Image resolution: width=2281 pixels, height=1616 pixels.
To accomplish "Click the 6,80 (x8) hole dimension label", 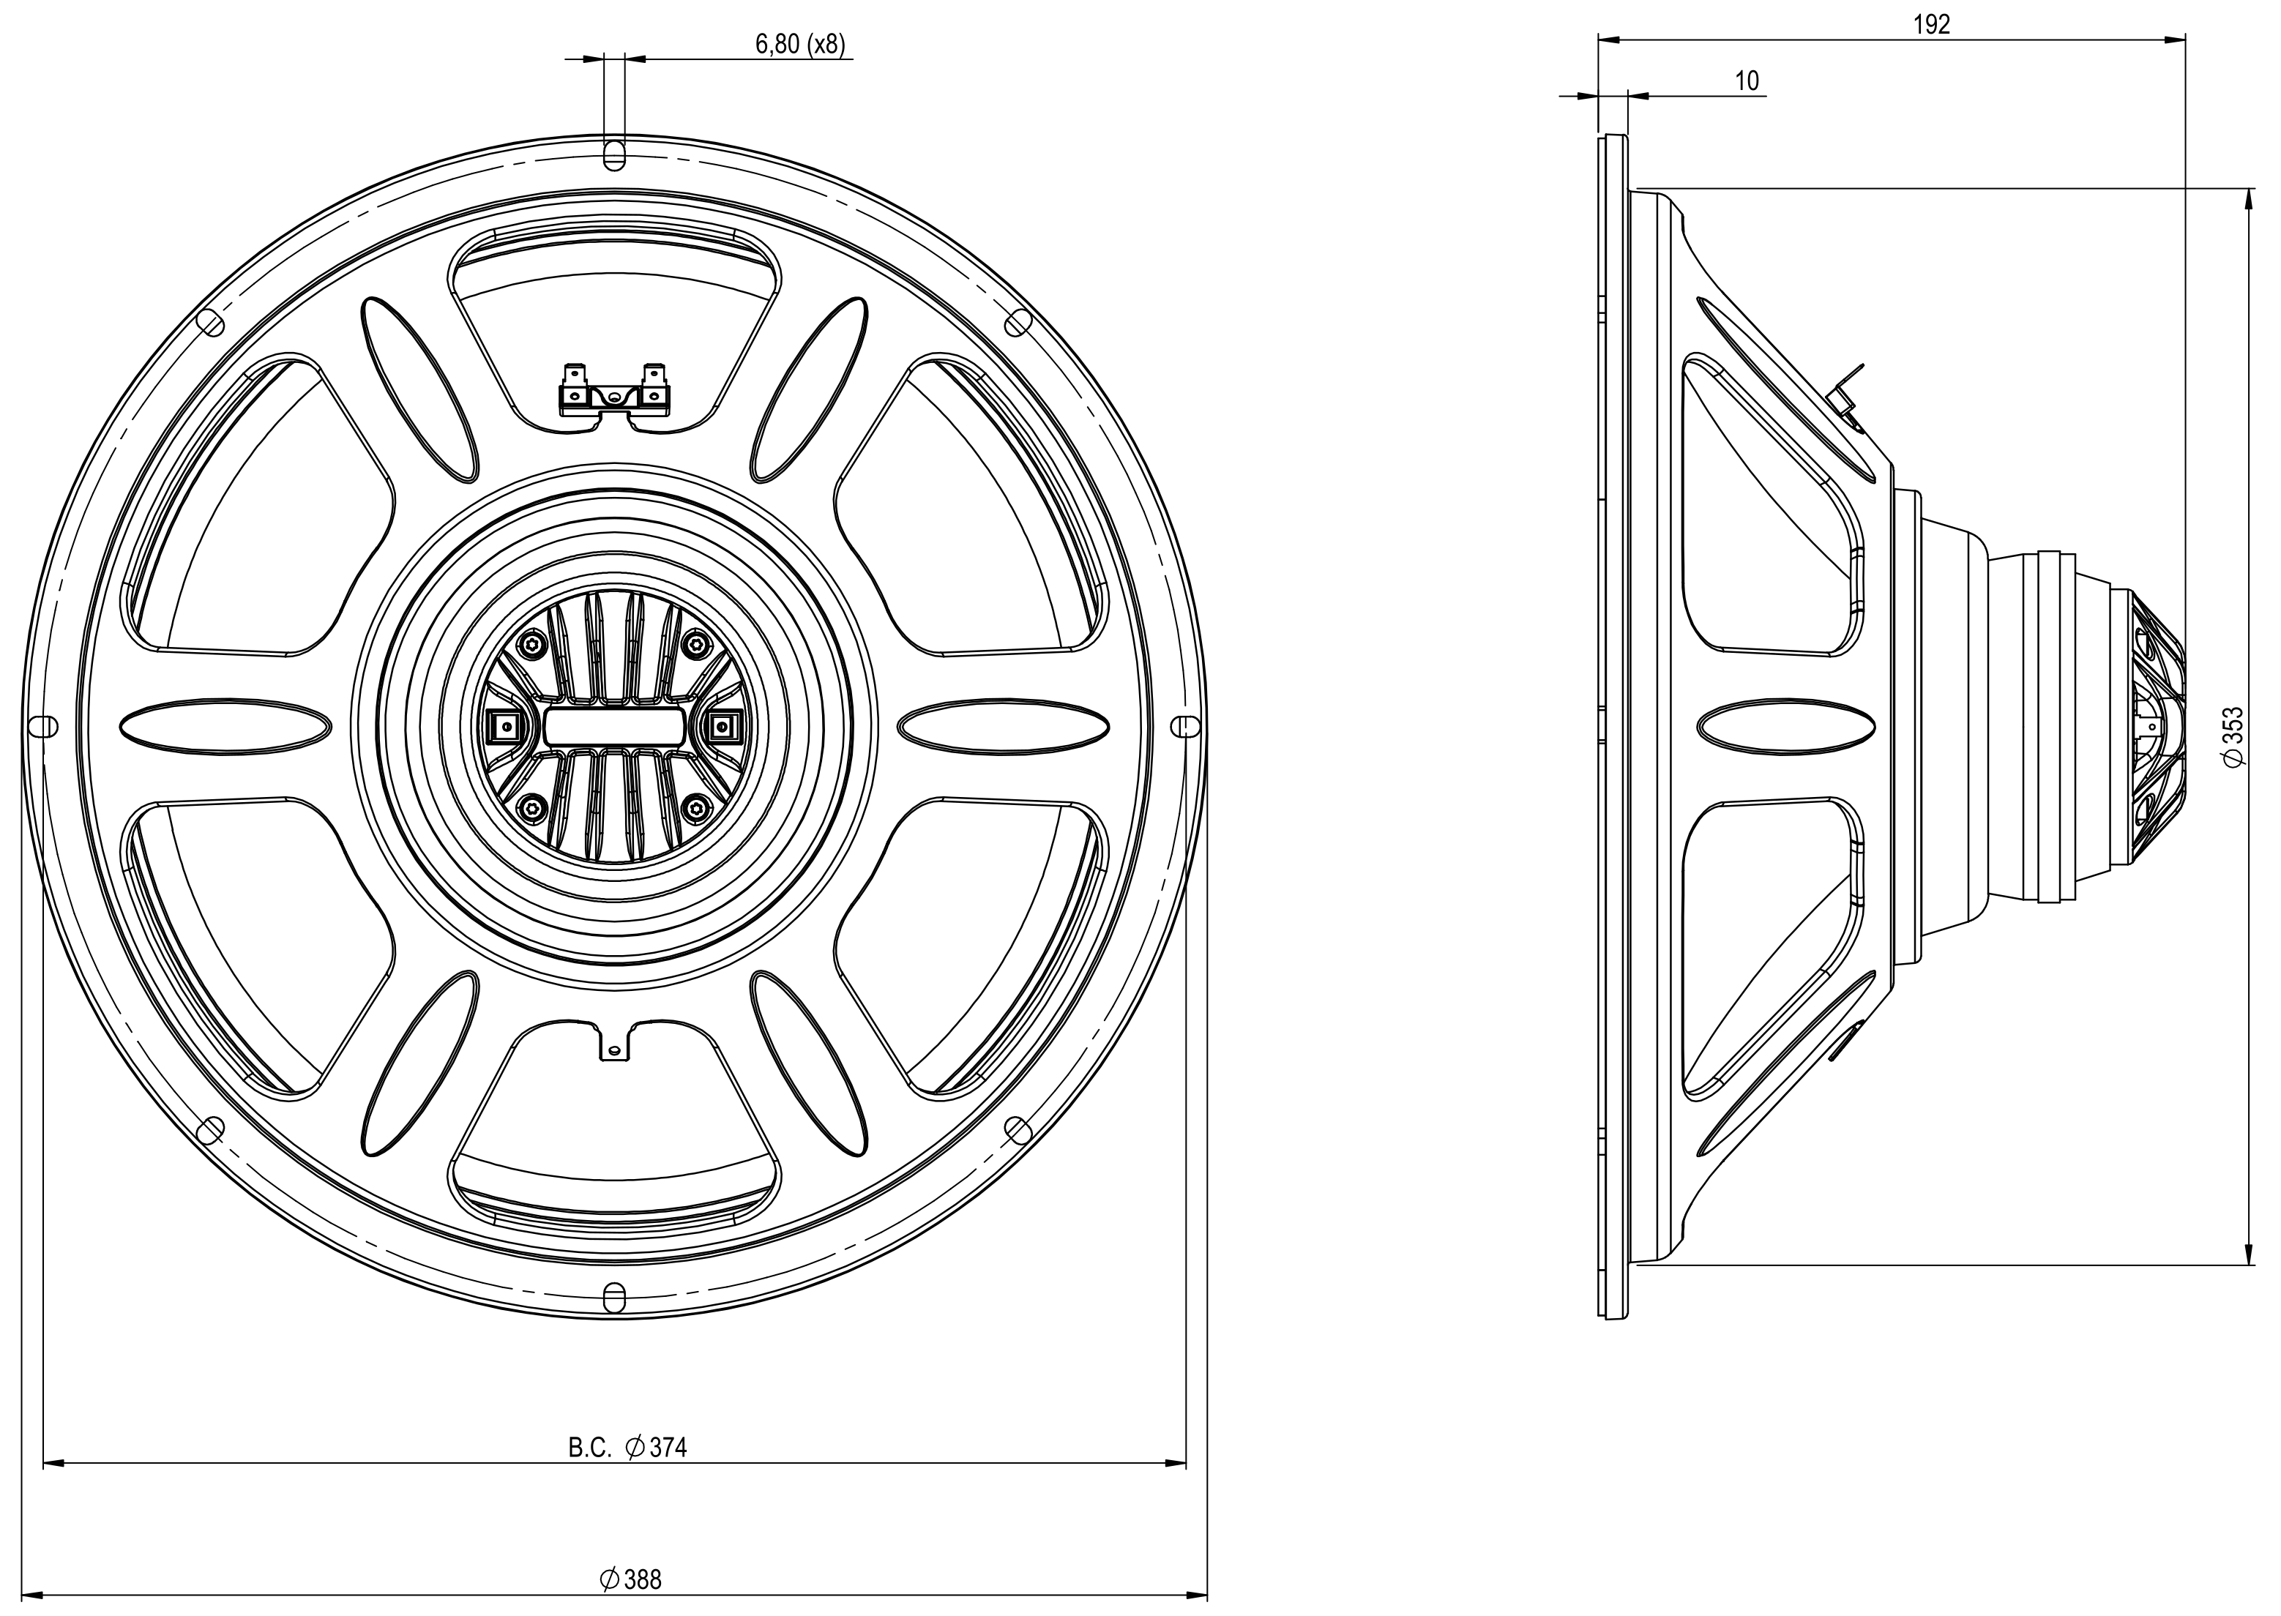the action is click(x=800, y=45).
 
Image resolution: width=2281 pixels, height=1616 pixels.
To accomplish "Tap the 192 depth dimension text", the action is click(x=1932, y=25).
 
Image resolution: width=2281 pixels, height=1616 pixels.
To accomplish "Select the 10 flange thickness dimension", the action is click(x=1747, y=81).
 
